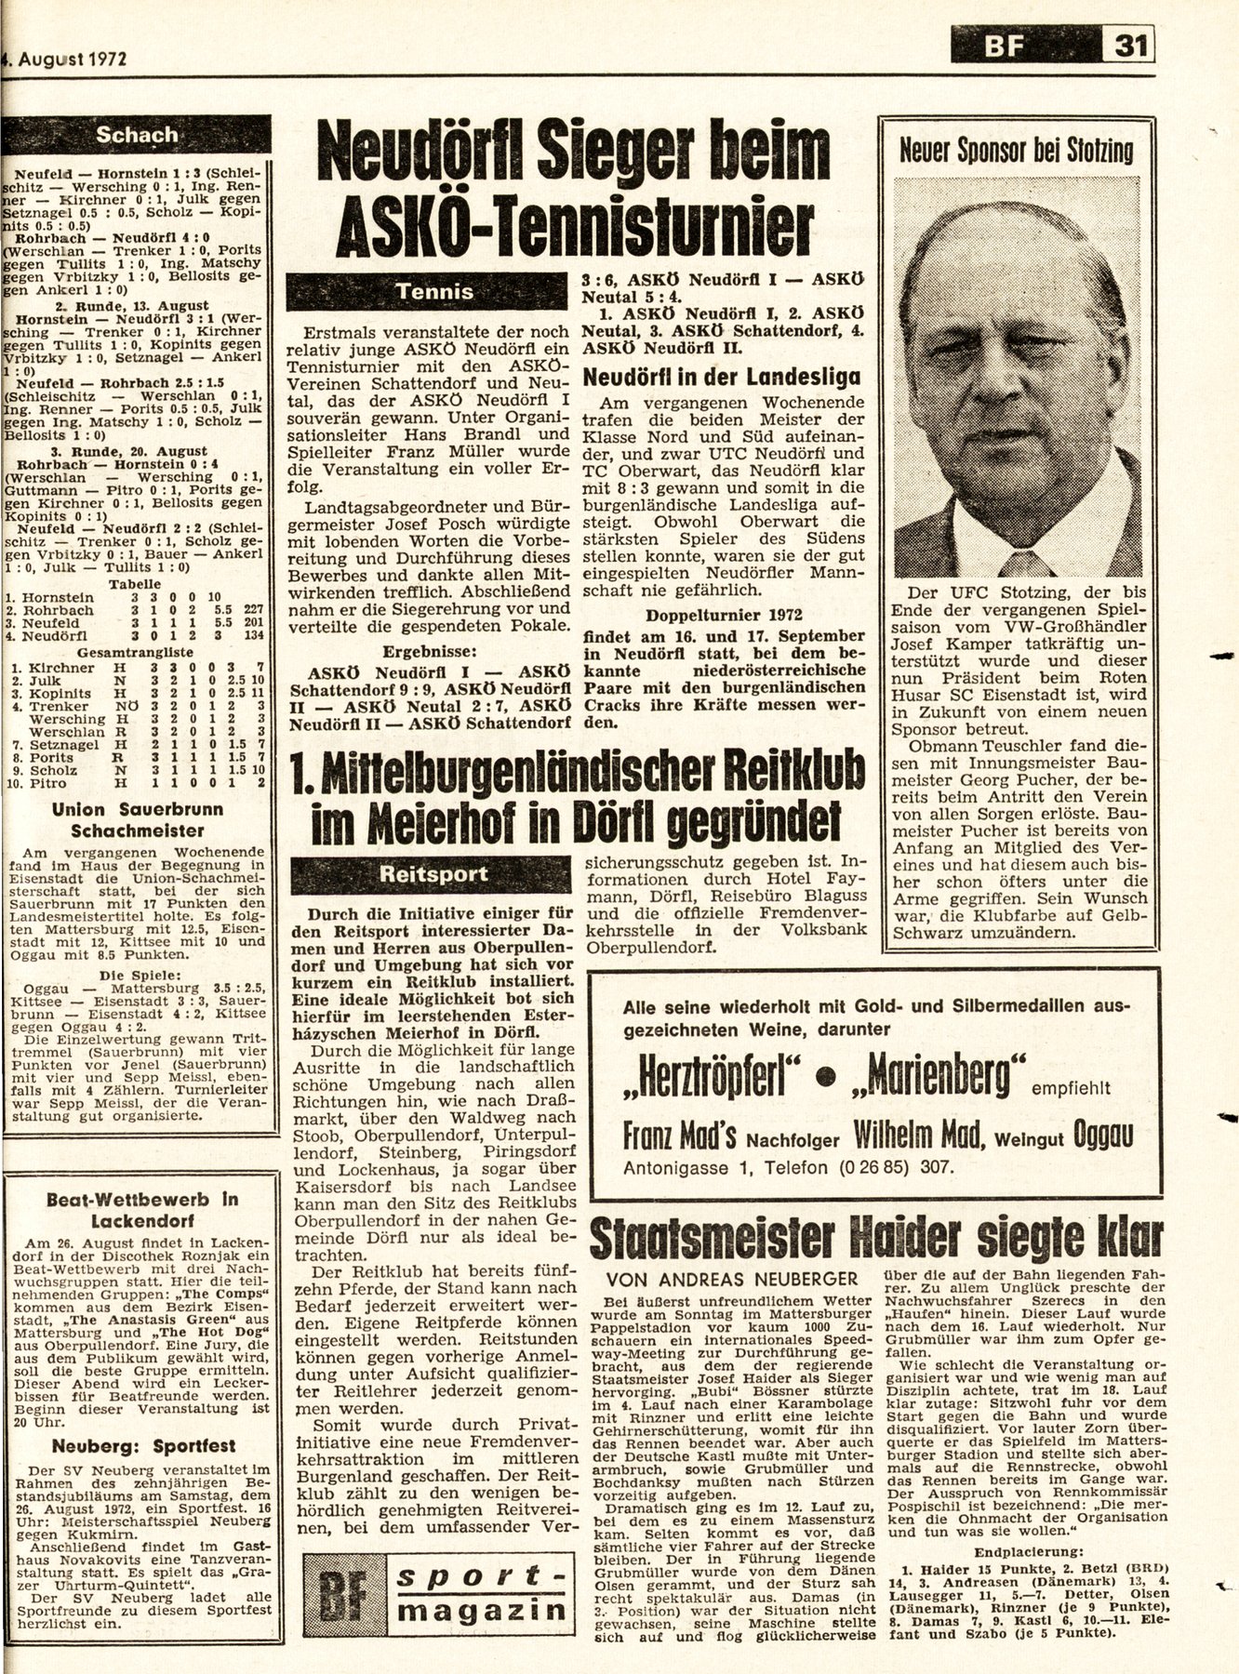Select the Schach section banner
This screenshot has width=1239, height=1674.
(x=137, y=135)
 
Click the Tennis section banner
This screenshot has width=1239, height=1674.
(x=434, y=291)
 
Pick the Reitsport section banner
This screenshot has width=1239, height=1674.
(x=434, y=873)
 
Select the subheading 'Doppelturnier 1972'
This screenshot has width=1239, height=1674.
(x=724, y=615)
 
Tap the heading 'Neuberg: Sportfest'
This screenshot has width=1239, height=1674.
(x=137, y=1446)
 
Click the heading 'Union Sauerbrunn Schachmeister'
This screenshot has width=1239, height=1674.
(x=137, y=819)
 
